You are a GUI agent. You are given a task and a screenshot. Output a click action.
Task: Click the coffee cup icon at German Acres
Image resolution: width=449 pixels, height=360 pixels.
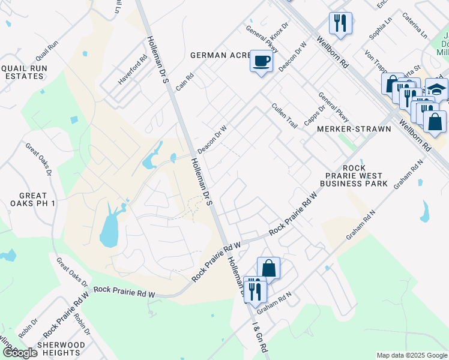(x=261, y=61)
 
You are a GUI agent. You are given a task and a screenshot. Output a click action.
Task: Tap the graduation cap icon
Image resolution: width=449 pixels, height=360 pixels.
(x=437, y=89)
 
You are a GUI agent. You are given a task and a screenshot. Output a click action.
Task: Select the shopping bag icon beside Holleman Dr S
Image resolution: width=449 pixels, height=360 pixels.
(x=268, y=268)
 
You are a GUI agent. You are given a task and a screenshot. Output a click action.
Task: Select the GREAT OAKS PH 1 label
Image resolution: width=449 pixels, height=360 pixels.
(x=32, y=200)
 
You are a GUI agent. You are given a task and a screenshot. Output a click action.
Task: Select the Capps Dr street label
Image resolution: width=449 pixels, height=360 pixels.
(x=313, y=115)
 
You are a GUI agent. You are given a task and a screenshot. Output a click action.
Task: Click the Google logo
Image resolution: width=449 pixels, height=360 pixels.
(x=20, y=353)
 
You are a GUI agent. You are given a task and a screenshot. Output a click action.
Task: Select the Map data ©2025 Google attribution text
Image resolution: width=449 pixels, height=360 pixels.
(x=411, y=355)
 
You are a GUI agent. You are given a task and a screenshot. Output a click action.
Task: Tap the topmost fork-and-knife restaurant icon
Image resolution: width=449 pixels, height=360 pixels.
(x=340, y=23)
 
